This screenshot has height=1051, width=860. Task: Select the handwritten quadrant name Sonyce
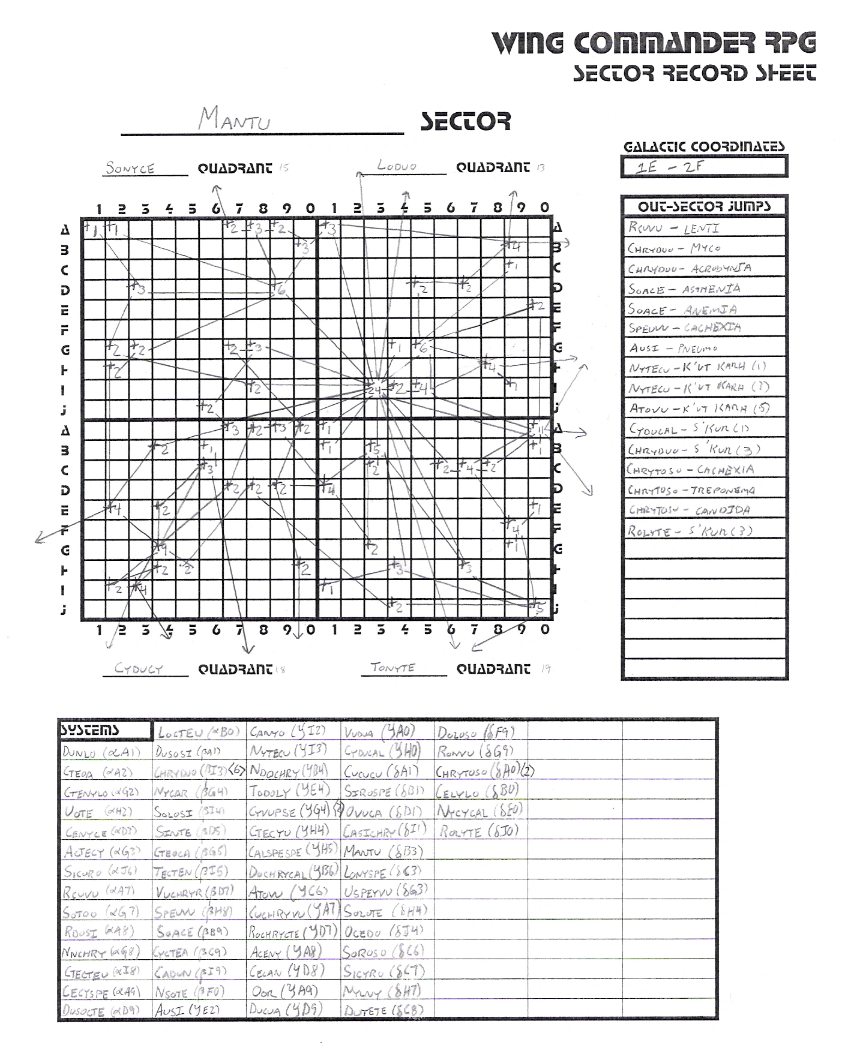[130, 169]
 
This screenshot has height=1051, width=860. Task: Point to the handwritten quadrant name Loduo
[397, 166]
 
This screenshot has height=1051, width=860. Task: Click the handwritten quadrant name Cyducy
[139, 669]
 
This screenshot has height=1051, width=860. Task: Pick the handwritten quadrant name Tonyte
[393, 667]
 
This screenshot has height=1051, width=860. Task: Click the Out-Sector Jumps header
[704, 206]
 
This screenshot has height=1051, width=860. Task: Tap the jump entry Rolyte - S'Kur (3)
[690, 531]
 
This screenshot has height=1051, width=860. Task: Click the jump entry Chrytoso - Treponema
[691, 490]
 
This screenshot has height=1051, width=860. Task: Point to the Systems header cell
[104, 730]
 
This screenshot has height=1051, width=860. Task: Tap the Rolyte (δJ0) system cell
[478, 831]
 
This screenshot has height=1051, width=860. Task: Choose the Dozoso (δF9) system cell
[475, 732]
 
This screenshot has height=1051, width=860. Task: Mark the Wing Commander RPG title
[654, 43]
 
